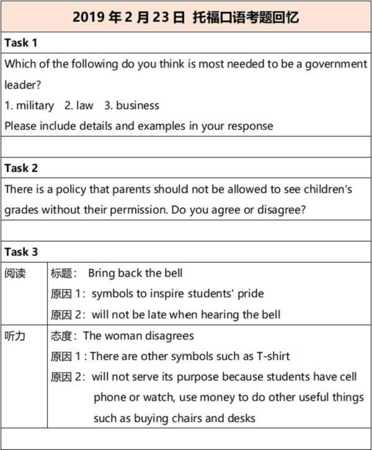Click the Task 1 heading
21,43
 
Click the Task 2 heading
21,168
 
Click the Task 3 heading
21,252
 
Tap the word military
35,106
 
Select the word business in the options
137,106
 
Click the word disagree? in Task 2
282,210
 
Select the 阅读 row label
15,273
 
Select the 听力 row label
15,336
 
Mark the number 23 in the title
161,17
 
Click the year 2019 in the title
87,17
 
